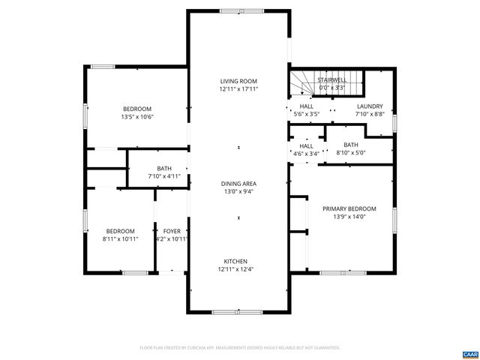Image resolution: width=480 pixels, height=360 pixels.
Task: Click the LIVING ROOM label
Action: click(x=238, y=81)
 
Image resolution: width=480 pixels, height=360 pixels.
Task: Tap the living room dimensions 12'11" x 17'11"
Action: click(x=238, y=89)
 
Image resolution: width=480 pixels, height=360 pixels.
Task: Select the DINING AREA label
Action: click(x=238, y=183)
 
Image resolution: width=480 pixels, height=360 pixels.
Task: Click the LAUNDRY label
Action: click(x=370, y=106)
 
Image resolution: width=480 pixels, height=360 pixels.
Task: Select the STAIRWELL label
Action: click(x=331, y=79)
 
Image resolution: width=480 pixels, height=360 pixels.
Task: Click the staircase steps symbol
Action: click(x=303, y=84)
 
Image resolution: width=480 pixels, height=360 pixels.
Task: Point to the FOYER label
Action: click(x=171, y=230)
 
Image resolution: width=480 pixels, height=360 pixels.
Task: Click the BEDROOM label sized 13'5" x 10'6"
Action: click(x=136, y=109)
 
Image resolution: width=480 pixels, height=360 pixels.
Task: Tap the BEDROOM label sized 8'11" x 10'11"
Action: click(x=120, y=230)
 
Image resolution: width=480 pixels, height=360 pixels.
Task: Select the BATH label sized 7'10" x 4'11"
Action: click(x=165, y=169)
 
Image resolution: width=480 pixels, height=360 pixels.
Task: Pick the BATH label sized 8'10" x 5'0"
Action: click(x=351, y=145)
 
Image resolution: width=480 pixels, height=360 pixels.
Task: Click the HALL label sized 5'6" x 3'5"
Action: click(x=306, y=106)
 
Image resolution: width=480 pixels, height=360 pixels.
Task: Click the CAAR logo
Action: click(x=469, y=353)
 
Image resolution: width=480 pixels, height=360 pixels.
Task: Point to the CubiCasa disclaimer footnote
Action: click(x=240, y=348)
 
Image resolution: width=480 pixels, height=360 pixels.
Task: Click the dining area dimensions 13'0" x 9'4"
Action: click(x=238, y=191)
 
